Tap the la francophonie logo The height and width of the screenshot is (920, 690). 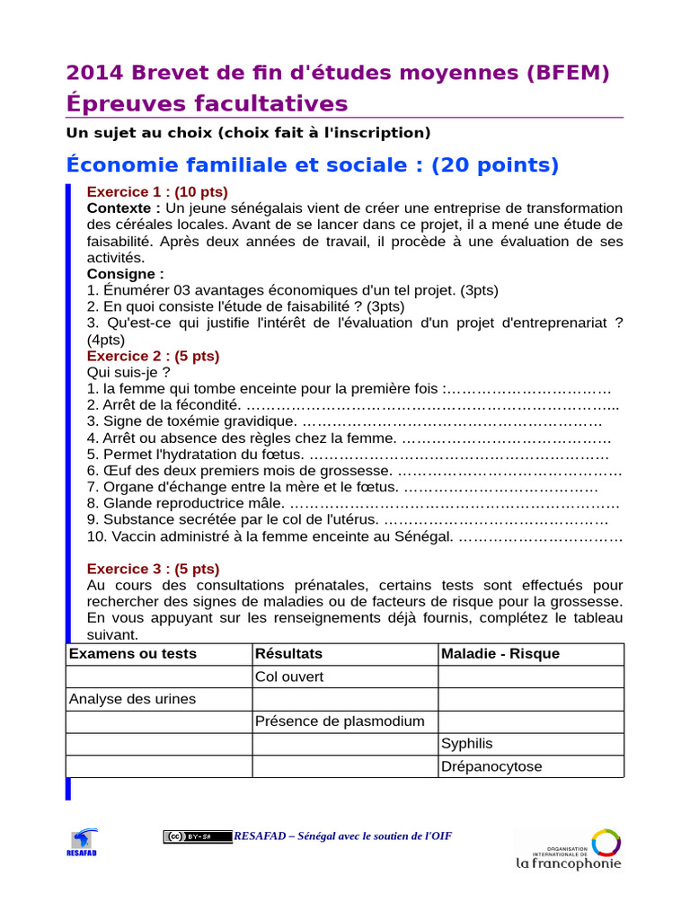[568, 850]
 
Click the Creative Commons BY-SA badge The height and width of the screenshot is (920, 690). [198, 836]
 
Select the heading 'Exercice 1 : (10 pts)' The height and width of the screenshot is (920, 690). [156, 191]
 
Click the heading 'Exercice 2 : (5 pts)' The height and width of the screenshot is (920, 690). [153, 356]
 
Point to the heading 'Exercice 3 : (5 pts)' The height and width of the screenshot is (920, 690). [153, 569]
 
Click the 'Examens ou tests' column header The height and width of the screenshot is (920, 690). [132, 654]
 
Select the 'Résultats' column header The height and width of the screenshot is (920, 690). [288, 654]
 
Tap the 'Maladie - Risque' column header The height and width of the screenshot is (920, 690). [500, 654]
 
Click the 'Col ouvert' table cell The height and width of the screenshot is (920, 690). [289, 677]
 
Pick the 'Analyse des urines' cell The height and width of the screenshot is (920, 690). [132, 699]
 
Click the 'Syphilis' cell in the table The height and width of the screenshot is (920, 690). [467, 743]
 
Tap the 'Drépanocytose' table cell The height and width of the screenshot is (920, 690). [491, 766]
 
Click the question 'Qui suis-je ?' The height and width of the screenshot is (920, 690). [128, 372]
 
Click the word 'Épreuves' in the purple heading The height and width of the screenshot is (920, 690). [126, 103]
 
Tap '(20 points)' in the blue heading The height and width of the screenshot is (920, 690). [495, 165]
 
